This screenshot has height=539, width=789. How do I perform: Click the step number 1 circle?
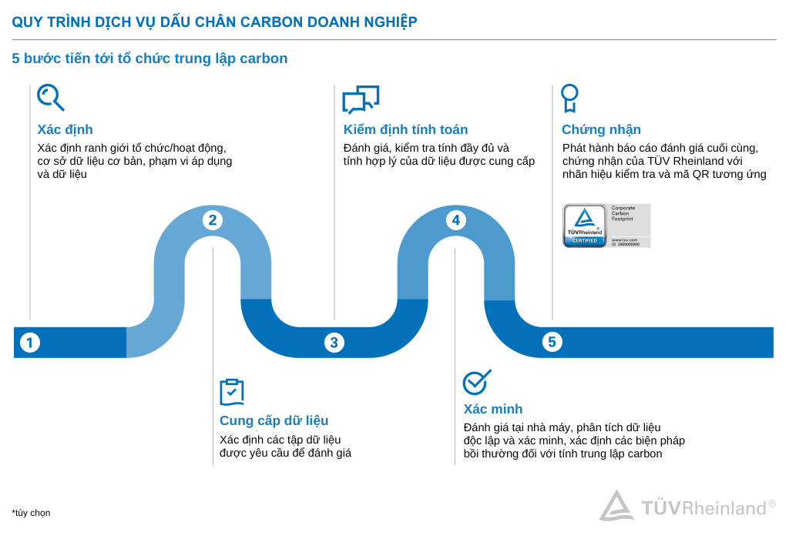pos(29,343)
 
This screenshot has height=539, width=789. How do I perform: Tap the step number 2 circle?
pos(213,220)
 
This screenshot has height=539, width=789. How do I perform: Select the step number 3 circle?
pos(334,343)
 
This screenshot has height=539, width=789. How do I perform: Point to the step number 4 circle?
pos(455,220)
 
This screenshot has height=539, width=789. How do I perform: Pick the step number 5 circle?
pos(552,342)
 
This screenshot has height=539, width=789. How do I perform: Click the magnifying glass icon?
pos(50,98)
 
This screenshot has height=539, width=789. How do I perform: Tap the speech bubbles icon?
pos(361,99)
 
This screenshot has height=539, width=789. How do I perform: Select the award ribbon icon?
pos(569,98)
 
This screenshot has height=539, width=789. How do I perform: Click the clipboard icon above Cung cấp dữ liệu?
pos(231,392)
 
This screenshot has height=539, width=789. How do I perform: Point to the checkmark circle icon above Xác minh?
pos(476,382)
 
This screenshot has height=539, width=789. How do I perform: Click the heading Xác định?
pos(65,129)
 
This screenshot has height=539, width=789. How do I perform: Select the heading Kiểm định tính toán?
pos(405,129)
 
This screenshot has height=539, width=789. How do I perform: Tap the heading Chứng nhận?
pos(601,129)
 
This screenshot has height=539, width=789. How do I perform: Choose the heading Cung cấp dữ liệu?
pos(274,420)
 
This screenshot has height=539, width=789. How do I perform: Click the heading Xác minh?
pos(492,409)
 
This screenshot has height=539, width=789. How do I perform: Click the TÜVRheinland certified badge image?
pos(606,226)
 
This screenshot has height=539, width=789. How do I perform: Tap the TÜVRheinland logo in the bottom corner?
pos(687,507)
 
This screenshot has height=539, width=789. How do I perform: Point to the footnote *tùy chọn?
pos(31,513)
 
